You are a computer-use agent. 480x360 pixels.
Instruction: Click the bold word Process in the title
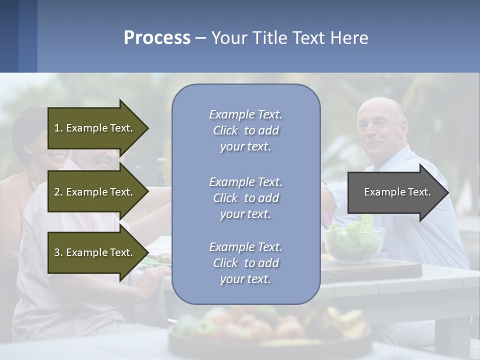coord(157,38)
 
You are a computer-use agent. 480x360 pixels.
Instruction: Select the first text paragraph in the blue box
coord(245,130)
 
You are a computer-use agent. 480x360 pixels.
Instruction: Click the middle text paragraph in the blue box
coord(245,198)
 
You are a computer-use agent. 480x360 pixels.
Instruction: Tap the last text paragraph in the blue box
coord(245,263)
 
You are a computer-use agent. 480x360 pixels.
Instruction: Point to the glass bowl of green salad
coord(354,242)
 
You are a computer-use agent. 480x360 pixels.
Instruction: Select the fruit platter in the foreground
coord(270,330)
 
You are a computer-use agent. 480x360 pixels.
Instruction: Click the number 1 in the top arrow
coord(57,128)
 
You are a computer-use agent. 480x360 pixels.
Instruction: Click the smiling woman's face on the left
coord(55,150)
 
